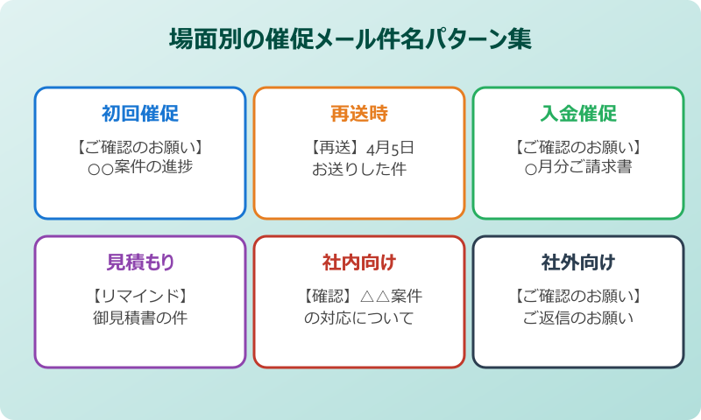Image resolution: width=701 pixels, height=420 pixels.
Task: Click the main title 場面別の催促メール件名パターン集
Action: point(350,40)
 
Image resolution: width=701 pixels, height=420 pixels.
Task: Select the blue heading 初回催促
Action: point(140,114)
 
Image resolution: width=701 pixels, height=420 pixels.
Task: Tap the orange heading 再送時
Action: point(359,114)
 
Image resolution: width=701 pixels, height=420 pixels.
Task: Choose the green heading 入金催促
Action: point(578,114)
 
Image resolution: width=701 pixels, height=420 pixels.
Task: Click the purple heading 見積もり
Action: point(140,262)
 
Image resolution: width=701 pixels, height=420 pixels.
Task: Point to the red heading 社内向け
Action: point(359,262)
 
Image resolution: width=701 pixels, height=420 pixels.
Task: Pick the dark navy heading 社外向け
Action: point(578,262)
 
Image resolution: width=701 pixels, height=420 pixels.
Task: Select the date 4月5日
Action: point(390,146)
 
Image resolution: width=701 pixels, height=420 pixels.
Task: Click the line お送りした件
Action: point(359,168)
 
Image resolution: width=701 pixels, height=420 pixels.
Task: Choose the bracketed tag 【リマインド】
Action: point(140,295)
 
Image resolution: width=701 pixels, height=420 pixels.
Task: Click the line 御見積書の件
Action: point(140,317)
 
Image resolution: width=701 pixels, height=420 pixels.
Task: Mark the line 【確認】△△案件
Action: point(359,295)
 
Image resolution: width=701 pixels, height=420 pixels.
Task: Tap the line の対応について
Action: point(359,317)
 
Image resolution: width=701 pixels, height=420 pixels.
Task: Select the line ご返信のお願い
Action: point(578,317)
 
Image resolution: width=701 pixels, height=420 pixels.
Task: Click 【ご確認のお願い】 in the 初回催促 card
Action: point(140,146)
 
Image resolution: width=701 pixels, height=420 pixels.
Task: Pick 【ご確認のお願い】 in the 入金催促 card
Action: point(578,146)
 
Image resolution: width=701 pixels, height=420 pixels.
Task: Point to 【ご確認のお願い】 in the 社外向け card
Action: point(578,295)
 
